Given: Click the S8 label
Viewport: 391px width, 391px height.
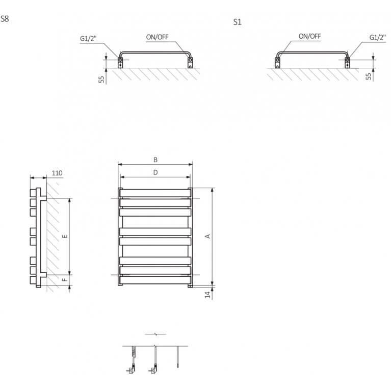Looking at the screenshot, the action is tap(5, 19).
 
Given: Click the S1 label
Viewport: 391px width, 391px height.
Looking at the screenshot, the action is tap(238, 22).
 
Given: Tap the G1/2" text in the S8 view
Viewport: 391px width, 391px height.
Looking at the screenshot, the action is tap(88, 38).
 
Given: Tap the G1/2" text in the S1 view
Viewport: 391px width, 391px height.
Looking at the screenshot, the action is tap(378, 37).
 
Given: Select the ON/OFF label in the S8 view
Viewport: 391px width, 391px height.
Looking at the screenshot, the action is tap(157, 37).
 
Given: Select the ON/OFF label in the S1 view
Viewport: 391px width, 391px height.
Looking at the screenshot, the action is tap(309, 36).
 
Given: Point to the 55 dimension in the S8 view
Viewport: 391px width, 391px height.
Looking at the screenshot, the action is tap(101, 80).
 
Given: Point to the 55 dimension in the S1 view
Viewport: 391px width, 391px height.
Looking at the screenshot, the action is tap(368, 76).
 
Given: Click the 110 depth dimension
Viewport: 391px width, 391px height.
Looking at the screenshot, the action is tap(57, 173).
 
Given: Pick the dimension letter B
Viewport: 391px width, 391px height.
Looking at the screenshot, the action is tap(155, 160).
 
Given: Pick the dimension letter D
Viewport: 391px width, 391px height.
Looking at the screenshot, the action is tap(155, 172).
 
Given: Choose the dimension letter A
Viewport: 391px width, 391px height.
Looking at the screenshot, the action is tap(207, 236).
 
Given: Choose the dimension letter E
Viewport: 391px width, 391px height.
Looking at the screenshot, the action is tap(65, 236).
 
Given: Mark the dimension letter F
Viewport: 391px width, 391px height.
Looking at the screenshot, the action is tap(65, 280).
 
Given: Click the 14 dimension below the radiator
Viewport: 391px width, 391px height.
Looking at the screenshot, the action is tap(207, 295).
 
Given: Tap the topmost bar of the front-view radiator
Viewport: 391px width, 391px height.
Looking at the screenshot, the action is tap(155, 193).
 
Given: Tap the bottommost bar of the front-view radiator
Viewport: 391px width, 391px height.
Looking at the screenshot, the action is tap(155, 280).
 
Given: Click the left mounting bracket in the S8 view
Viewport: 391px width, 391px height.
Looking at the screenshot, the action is tap(120, 63).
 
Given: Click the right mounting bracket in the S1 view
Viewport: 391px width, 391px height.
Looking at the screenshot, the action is tap(347, 63).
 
